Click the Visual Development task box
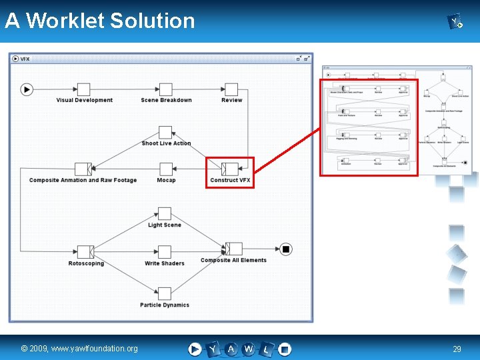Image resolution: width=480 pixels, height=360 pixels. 83,89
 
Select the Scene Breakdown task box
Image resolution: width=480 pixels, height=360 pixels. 166,89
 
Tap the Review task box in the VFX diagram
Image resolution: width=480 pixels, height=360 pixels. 231,89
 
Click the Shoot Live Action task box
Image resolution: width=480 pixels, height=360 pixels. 165,133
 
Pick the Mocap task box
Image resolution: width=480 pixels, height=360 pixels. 166,169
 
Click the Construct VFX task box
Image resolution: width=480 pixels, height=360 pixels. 230,169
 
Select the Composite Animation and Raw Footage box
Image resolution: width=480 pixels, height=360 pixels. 83,169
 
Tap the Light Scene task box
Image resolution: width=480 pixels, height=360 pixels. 165,214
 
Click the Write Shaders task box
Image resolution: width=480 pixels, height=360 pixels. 165,252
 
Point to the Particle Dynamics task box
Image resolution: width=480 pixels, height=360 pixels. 165,293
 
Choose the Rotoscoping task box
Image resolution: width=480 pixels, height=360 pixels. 85,252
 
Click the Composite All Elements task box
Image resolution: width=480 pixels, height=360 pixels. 233,249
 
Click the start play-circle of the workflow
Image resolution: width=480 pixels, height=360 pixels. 27,89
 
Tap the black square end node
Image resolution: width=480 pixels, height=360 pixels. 286,249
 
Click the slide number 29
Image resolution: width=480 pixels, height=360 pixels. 457,349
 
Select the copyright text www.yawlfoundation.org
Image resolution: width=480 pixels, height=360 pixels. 79,349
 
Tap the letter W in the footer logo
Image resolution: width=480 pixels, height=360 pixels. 249,349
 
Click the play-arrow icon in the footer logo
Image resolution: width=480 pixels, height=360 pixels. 195,349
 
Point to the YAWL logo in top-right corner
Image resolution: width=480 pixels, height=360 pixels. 456,23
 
